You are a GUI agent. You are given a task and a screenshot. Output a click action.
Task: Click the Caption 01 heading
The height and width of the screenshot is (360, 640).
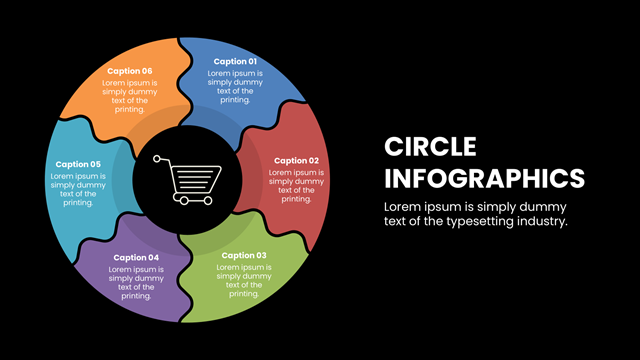click(235, 62)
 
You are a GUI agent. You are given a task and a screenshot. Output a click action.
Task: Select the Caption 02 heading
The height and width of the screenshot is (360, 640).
click(296, 161)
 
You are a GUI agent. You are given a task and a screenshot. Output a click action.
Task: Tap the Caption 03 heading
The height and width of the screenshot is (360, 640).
click(244, 256)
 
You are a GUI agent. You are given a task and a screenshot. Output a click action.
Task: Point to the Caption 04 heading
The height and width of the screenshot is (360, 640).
click(136, 258)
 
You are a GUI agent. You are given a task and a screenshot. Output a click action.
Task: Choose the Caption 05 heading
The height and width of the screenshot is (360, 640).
click(78, 164)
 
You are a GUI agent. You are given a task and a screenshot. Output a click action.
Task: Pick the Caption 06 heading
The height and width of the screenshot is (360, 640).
click(129, 71)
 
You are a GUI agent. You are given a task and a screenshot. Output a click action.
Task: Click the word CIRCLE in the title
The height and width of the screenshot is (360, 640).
click(430, 147)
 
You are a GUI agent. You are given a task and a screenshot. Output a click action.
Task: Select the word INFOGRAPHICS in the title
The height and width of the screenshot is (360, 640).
click(484, 178)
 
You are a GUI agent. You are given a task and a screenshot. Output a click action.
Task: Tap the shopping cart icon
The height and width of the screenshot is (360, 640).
click(187, 180)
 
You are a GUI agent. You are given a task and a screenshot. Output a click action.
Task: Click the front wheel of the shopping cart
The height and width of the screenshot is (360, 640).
click(208, 200)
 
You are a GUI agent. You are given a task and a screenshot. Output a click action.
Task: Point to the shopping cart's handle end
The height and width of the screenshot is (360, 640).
click(157, 158)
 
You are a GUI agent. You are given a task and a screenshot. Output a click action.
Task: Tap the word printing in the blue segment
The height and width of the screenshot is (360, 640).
click(235, 100)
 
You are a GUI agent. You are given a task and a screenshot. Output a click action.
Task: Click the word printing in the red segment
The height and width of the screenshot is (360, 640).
click(296, 199)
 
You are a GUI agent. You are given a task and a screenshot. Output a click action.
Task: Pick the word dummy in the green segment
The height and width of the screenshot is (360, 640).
click(258, 276)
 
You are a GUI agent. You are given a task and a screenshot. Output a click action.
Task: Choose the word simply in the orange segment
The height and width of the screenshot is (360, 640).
click(114, 92)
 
